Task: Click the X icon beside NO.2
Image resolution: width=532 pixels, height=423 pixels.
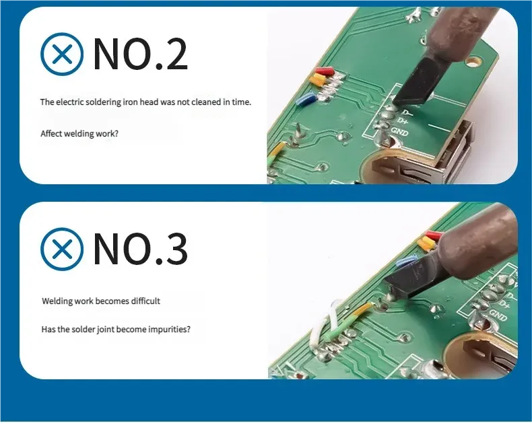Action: [x=62, y=54]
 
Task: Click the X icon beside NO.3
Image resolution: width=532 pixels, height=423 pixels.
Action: [x=62, y=249]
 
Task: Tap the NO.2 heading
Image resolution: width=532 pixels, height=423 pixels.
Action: [x=140, y=54]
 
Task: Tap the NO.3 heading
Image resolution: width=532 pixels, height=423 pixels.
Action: [x=140, y=249]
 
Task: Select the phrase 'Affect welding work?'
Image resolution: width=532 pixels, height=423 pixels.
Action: [x=79, y=133]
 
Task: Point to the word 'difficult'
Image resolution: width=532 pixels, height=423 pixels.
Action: [x=145, y=301]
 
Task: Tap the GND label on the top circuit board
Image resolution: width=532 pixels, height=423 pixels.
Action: [x=399, y=132]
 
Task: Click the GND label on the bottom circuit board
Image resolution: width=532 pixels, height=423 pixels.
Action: [x=498, y=316]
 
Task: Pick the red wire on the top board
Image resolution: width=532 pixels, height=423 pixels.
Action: [x=325, y=71]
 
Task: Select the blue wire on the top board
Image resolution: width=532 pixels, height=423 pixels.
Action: [x=306, y=100]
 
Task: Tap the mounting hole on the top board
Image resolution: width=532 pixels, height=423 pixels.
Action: [x=473, y=62]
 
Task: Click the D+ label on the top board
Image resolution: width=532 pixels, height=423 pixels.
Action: [x=402, y=120]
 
